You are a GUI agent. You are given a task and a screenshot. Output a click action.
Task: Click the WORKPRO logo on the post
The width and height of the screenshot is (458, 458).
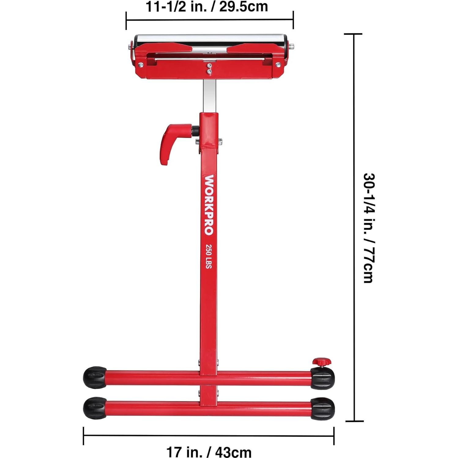coord(209,205)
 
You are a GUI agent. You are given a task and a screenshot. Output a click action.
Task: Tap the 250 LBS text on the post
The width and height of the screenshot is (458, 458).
coord(209,256)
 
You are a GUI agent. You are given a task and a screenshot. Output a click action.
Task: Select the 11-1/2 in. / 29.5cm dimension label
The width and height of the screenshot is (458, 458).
coord(207,7)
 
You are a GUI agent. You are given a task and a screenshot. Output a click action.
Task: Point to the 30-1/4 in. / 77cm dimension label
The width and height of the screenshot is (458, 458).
coord(369,228)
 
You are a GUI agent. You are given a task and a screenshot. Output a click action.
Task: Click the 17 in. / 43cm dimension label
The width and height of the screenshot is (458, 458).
coord(209,452)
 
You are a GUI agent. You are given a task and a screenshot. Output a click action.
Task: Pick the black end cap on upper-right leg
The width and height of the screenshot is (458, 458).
coord(322,378)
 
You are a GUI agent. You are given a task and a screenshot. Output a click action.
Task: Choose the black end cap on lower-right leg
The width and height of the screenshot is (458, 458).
coord(322,409)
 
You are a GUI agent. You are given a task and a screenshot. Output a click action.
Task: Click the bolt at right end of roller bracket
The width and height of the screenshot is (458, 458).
coord(278,65)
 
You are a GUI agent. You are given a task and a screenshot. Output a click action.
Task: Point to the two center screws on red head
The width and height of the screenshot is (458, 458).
coord(209,68)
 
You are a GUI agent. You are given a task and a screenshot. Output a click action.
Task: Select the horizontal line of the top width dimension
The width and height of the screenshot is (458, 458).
coord(210,20)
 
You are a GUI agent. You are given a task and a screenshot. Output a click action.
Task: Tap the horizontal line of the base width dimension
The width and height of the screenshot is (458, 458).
coord(209,435)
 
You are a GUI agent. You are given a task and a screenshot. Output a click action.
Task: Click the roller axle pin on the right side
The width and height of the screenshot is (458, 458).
coord(291,47)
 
